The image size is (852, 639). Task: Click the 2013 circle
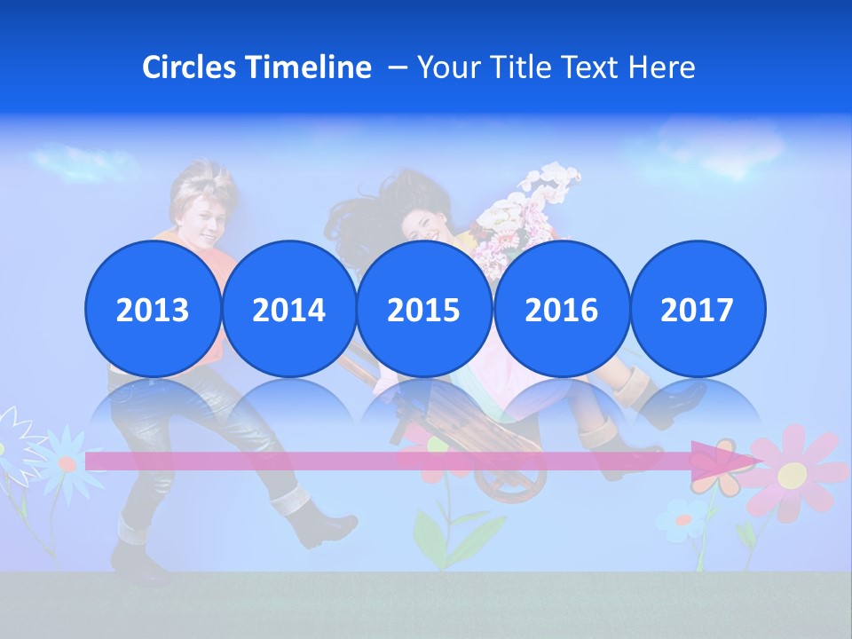tap(153, 309)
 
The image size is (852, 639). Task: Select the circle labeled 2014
tap(288, 309)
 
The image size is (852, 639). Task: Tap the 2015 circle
tap(424, 309)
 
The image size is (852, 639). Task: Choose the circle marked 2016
tap(561, 309)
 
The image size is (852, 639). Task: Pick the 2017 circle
tap(698, 309)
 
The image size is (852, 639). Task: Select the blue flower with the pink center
tap(66, 461)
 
